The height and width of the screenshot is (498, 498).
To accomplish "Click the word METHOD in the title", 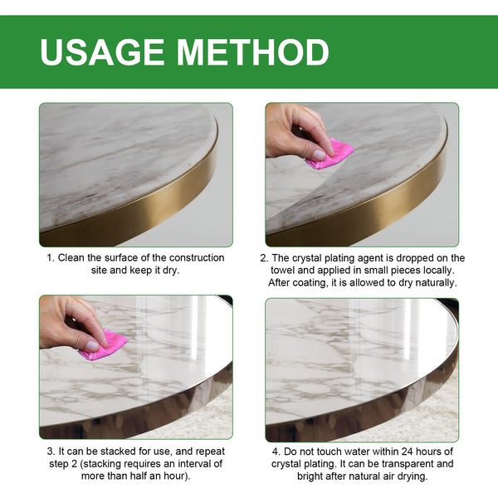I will point(251,51).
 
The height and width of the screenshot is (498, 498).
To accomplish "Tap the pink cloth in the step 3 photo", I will point(104,345).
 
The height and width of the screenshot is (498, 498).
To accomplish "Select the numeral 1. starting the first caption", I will point(50,258).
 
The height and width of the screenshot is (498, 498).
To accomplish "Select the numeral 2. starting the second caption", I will point(275,258).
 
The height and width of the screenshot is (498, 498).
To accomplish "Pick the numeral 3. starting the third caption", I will point(50,451).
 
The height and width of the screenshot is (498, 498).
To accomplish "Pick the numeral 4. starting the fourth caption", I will point(274,451).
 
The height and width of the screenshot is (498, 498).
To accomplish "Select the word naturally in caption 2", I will point(430,283).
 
